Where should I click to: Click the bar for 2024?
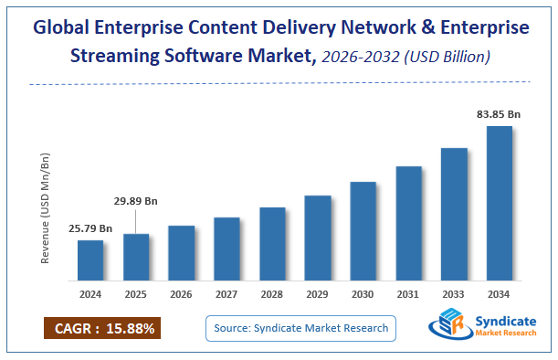(90, 259)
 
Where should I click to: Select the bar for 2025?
(136, 257)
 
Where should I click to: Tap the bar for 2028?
(272, 243)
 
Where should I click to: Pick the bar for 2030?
(363, 230)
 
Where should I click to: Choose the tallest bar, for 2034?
(500, 203)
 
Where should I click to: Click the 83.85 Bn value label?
(500, 114)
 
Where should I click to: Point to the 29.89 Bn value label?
(136, 200)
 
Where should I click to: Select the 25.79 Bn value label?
(90, 228)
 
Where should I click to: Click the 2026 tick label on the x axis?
(181, 294)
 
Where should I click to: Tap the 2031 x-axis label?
(408, 294)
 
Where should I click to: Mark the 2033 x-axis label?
(454, 294)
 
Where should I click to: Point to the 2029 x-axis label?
(318, 294)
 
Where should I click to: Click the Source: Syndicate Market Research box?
(300, 328)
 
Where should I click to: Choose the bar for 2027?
(226, 249)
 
